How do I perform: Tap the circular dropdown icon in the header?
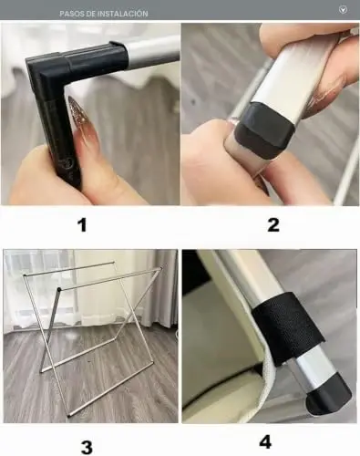pyautogui.click(x=343, y=10)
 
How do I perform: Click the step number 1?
pyautogui.click(x=82, y=225)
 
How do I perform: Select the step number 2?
pyautogui.click(x=273, y=225)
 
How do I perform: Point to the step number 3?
pyautogui.click(x=87, y=447)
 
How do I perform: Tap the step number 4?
pyautogui.click(x=265, y=442)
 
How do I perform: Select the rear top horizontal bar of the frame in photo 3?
pyautogui.click(x=69, y=268)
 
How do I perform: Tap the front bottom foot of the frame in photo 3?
pyautogui.click(x=68, y=415)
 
